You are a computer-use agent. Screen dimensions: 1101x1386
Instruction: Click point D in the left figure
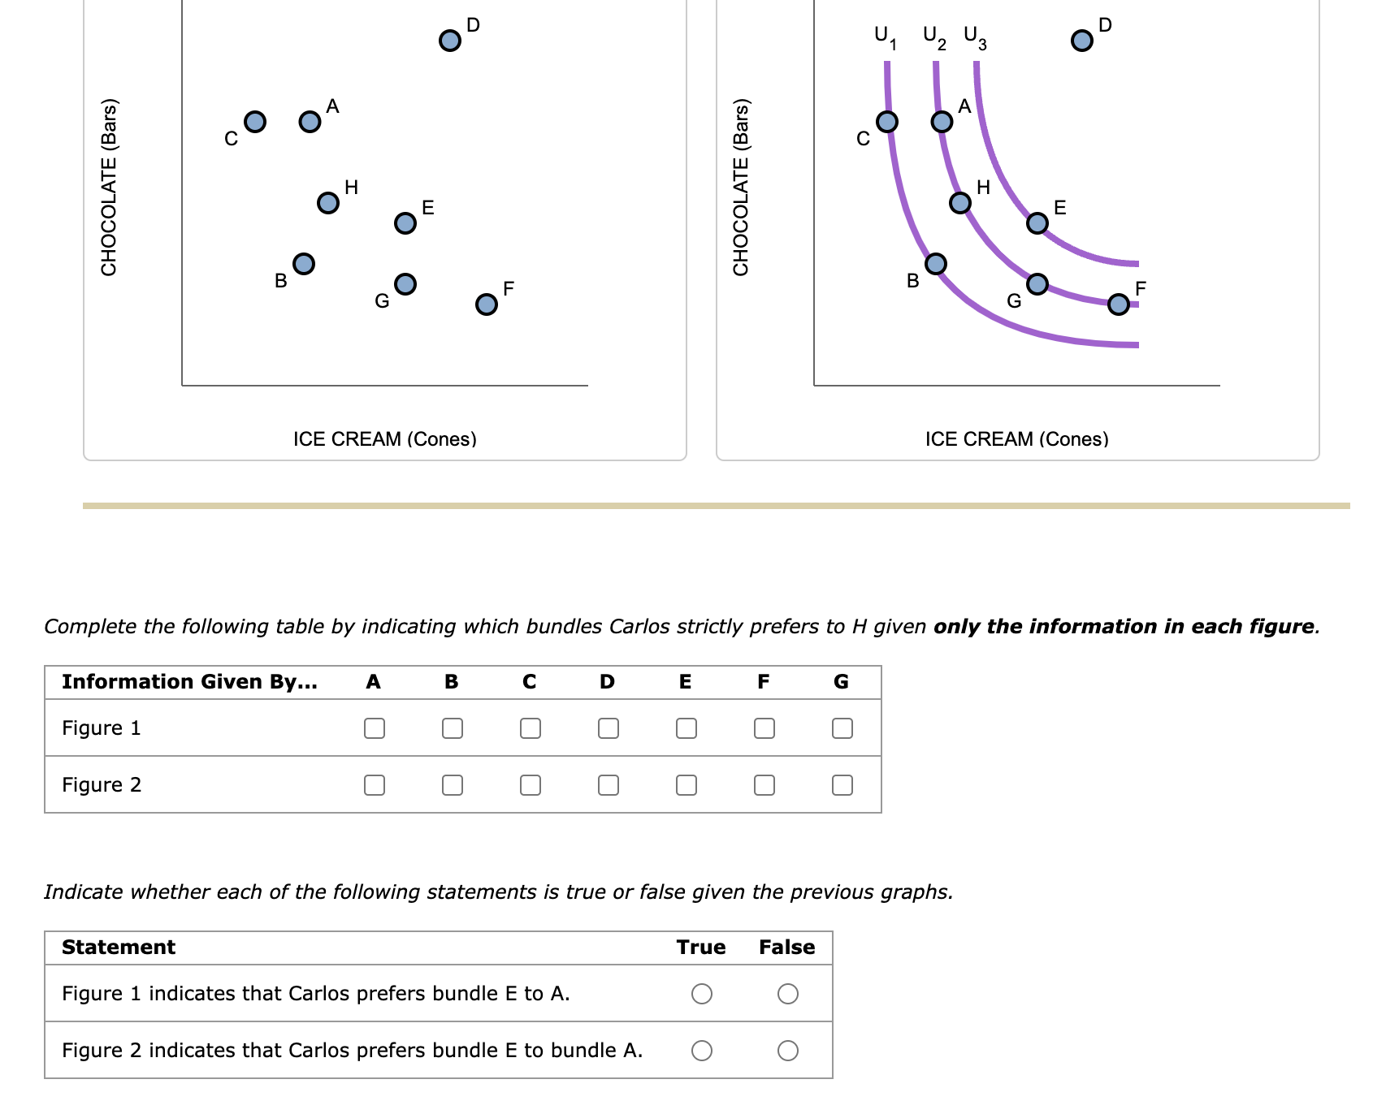[x=449, y=40]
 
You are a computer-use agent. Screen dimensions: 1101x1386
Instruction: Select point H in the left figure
[x=327, y=202]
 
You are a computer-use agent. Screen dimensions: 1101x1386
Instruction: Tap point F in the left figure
[x=486, y=304]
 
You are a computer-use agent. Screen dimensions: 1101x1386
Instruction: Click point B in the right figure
[x=936, y=263]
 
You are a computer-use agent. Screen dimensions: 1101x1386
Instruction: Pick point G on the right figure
[x=1037, y=283]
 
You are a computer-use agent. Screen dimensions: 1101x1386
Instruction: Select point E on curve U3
[x=1037, y=222]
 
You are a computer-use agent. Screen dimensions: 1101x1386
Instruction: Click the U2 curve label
[x=934, y=37]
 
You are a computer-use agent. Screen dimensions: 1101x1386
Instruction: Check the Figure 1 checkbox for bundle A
[x=374, y=728]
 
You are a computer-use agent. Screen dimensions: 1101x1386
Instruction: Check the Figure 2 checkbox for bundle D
[x=608, y=785]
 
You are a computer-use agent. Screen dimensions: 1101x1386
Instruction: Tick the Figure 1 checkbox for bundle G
[x=842, y=728]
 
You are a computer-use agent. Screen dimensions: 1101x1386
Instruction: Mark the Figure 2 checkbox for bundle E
[x=686, y=785]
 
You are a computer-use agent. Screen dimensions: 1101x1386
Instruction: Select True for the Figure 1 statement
[x=702, y=994]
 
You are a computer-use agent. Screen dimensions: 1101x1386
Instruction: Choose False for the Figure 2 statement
[x=787, y=1051]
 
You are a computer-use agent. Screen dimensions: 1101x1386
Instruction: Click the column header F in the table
[x=763, y=682]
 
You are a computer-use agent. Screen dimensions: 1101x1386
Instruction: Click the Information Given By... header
[x=189, y=682]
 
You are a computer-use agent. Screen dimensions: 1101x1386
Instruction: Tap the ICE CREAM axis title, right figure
[x=1016, y=439]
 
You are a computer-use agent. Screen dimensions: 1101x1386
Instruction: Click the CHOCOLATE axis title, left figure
[x=109, y=187]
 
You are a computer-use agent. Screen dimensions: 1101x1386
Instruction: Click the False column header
[x=786, y=948]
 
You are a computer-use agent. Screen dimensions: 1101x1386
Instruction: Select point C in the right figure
[x=887, y=122]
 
